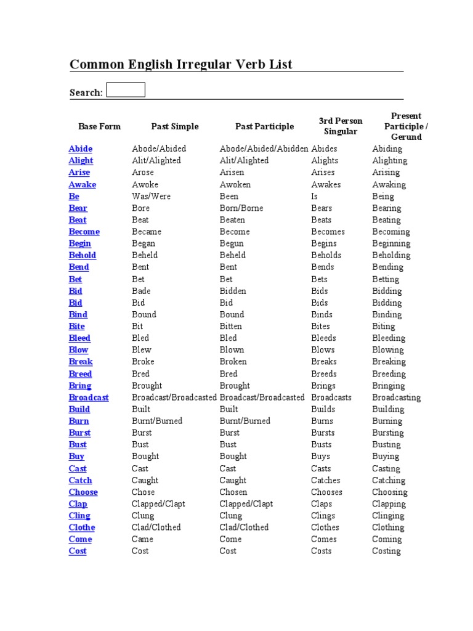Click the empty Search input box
pyautogui.click(x=126, y=90)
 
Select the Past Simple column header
pyautogui.click(x=175, y=126)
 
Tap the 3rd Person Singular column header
pyautogui.click(x=341, y=126)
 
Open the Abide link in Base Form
pyautogui.click(x=81, y=149)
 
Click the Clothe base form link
pyautogui.click(x=82, y=527)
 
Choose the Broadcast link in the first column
pyautogui.click(x=89, y=397)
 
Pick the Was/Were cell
pyautogui.click(x=152, y=196)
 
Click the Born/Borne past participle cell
pyautogui.click(x=241, y=208)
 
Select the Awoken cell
pyautogui.click(x=236, y=184)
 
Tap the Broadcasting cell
pyautogui.click(x=397, y=397)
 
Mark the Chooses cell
pyautogui.click(x=327, y=492)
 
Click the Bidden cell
pyautogui.click(x=233, y=291)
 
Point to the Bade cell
pyautogui.click(x=141, y=291)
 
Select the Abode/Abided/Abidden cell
pyautogui.click(x=264, y=149)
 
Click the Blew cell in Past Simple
pyautogui.click(x=142, y=350)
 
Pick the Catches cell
pyautogui.click(x=326, y=481)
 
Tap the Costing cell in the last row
pyautogui.click(x=386, y=552)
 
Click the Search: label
pyautogui.click(x=86, y=92)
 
